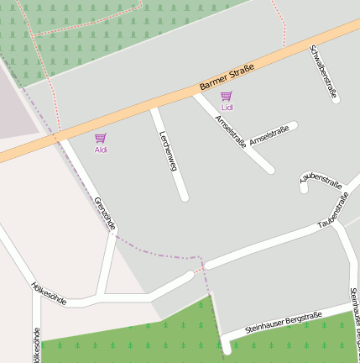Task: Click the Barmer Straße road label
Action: click(x=227, y=74)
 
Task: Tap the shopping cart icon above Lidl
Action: click(x=226, y=97)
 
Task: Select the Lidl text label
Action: click(x=227, y=108)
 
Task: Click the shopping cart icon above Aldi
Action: click(x=101, y=138)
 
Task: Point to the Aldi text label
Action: click(x=101, y=150)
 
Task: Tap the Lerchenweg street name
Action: click(x=169, y=153)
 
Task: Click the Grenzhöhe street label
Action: click(x=106, y=214)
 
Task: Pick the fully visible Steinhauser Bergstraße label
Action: click(x=284, y=323)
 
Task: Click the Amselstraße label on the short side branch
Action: click(x=269, y=135)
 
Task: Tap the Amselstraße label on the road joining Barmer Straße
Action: click(x=231, y=131)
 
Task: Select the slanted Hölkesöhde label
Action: click(x=49, y=292)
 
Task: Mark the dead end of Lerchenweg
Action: click(x=184, y=197)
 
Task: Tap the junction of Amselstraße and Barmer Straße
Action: click(x=196, y=95)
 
